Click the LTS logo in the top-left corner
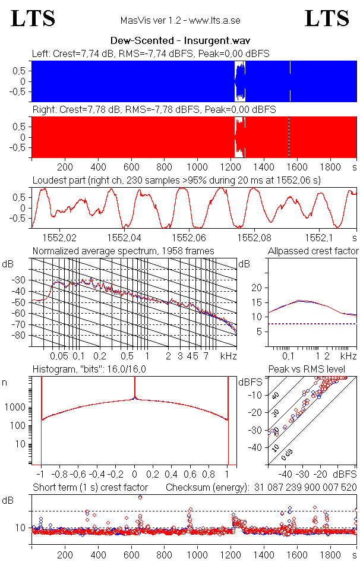point(33,18)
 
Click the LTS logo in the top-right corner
point(327,18)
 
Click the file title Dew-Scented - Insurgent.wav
point(180,41)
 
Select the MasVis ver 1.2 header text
point(180,21)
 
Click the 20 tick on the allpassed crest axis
point(257,288)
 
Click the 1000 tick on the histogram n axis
point(16,408)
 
